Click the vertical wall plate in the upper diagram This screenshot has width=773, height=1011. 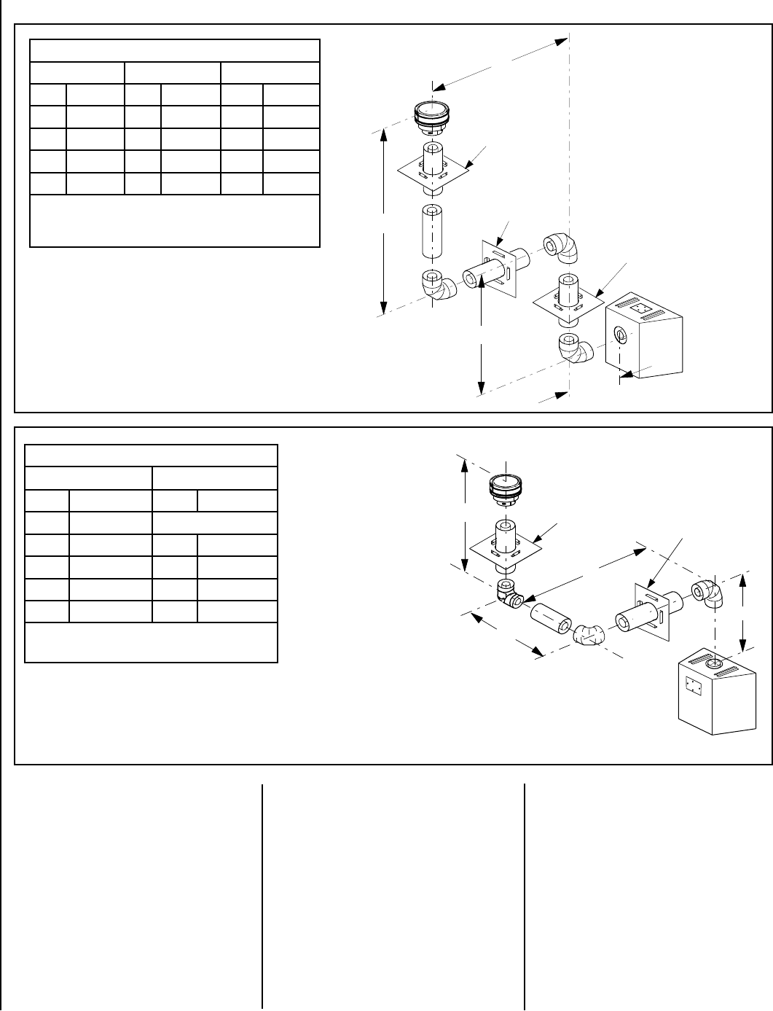point(498,268)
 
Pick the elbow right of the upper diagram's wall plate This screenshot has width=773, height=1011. point(562,247)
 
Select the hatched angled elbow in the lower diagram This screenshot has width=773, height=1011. point(591,636)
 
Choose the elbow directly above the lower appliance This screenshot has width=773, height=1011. point(708,593)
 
